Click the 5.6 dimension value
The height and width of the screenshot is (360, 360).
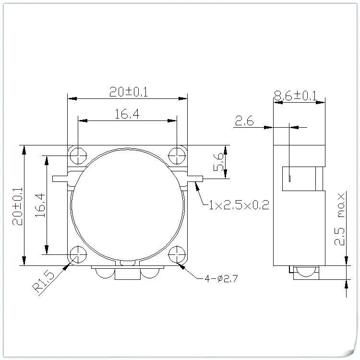point(218,162)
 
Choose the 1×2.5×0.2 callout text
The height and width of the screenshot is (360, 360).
point(238,205)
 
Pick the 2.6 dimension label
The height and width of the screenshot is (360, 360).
point(244,121)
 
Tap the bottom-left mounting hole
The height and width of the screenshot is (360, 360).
point(77,254)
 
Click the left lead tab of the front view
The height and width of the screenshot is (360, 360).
point(61,179)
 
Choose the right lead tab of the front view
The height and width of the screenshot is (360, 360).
point(194,179)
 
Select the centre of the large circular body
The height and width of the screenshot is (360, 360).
point(128,205)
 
